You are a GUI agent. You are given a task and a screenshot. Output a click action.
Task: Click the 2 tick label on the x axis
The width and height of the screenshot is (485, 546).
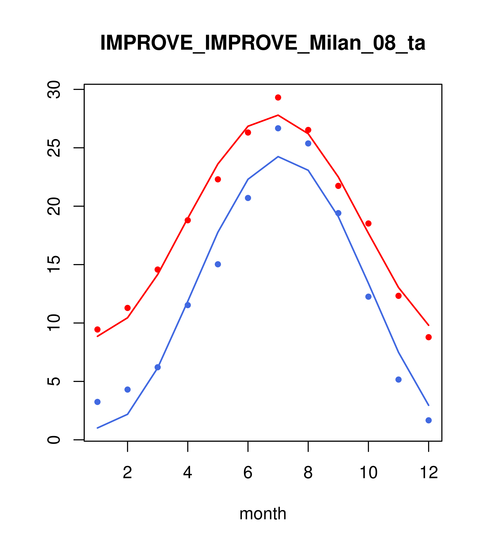point(128,473)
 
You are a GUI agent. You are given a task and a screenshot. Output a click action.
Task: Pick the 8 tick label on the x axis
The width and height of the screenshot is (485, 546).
point(308,473)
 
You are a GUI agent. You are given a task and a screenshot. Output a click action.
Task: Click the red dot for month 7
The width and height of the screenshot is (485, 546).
point(278,97)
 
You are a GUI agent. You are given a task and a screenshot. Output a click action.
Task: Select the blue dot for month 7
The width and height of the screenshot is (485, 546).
point(278,128)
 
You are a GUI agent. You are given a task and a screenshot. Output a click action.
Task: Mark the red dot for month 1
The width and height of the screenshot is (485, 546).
point(97,329)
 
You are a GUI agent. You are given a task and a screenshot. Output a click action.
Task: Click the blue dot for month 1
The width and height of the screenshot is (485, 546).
point(97,402)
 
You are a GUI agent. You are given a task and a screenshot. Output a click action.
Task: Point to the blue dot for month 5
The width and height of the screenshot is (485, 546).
point(218,264)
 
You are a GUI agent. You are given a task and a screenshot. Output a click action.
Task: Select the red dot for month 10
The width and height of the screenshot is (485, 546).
point(368,223)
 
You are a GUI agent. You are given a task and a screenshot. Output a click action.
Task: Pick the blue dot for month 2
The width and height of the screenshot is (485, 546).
point(128,389)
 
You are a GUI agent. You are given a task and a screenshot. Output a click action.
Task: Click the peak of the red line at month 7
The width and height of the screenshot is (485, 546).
point(278,115)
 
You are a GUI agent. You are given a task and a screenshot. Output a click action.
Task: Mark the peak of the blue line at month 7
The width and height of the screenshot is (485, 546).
point(278,157)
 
